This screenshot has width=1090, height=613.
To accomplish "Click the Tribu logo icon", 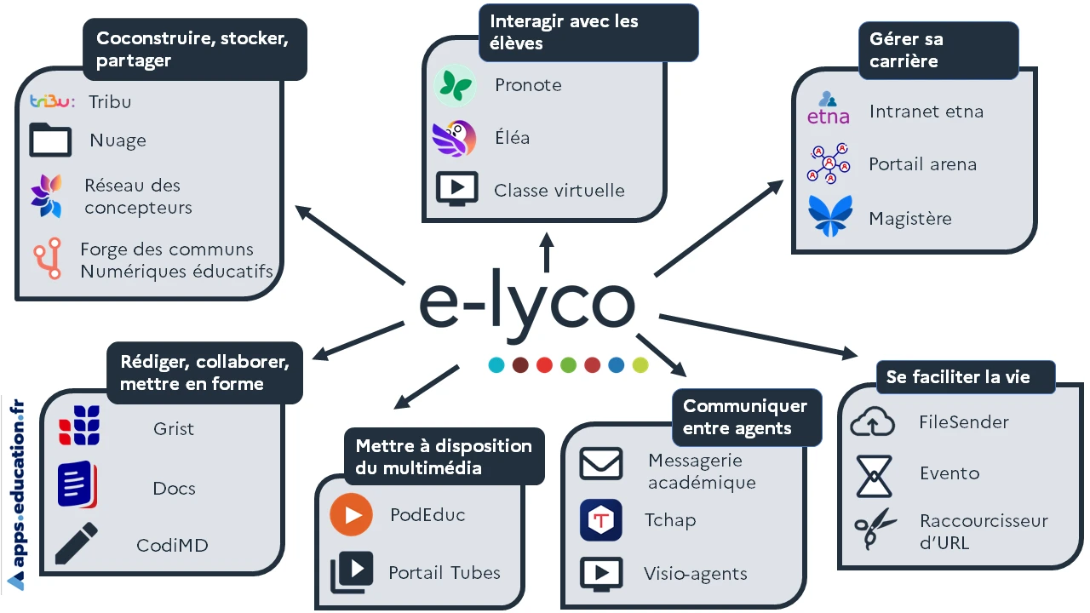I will point(52,101).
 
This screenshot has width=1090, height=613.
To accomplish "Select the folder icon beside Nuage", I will point(50,140).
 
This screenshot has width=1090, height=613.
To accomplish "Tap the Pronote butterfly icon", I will point(455,85).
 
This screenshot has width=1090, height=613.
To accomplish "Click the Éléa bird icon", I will point(455,137).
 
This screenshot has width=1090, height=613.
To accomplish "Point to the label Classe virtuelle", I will point(559,191).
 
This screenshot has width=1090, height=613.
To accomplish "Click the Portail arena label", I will point(922,164).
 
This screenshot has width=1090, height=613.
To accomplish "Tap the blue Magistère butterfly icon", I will point(829,216).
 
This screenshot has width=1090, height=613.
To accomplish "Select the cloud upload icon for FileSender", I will point(873,422).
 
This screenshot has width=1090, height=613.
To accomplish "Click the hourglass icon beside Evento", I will point(874,475).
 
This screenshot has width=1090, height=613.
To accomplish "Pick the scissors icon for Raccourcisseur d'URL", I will point(875,530).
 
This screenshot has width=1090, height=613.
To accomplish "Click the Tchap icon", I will point(601,520).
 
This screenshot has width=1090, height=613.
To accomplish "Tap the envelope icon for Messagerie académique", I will point(601,465).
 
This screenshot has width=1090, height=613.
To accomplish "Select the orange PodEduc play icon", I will point(351,515).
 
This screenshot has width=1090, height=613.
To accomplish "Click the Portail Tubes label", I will point(444,573).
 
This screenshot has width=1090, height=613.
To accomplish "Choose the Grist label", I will point(174,429).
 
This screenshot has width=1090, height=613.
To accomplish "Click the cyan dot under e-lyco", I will point(496,365).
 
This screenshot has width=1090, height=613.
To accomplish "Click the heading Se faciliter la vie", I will point(958,377).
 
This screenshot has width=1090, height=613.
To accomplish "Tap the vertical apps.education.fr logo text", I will point(17,494).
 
